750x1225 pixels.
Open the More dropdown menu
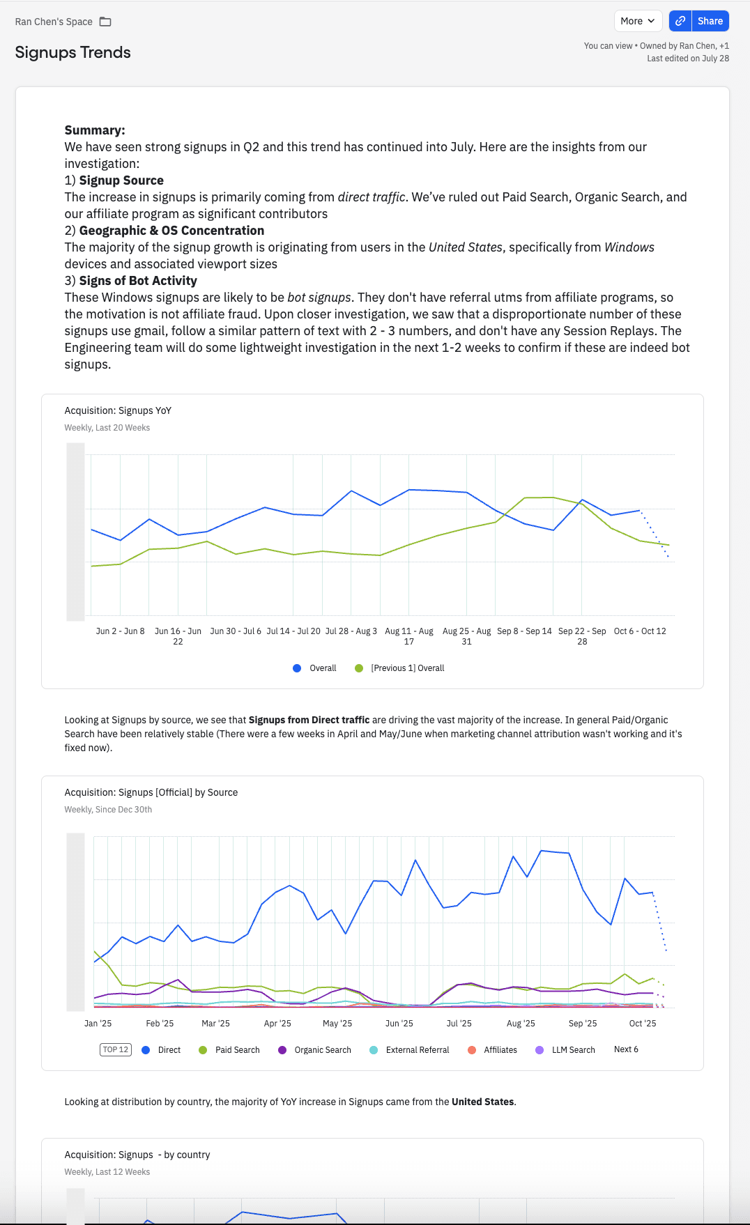[637, 21]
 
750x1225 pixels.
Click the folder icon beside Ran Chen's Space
[105, 22]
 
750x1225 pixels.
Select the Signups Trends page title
[73, 52]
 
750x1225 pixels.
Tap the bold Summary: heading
[95, 130]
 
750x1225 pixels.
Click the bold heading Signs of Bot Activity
[138, 281]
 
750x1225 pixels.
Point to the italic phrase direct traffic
[372, 197]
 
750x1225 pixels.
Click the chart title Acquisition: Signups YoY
[118, 410]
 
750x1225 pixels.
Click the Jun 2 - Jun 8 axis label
[121, 631]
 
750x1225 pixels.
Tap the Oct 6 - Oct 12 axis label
[640, 631]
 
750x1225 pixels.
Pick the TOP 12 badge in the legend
[116, 1049]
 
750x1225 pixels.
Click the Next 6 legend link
[626, 1049]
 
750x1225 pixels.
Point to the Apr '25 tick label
[277, 1024]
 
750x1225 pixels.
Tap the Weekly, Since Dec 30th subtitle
[108, 810]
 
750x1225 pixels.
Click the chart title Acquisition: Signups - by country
[137, 1155]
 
